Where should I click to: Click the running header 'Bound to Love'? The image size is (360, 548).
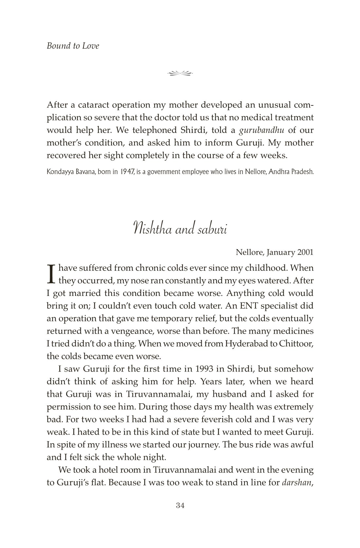[x=73, y=46]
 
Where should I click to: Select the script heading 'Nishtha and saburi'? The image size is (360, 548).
[x=180, y=228]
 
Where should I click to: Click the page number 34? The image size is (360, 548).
[x=180, y=506]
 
